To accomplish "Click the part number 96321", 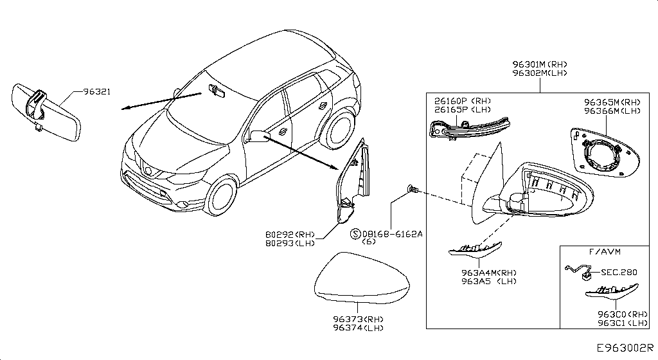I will [x=96, y=92].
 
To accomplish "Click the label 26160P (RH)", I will [x=463, y=101].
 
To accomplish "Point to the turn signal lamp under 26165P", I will [x=471, y=129].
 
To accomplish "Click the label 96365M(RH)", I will [x=612, y=102].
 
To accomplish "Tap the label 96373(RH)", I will [x=358, y=319].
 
